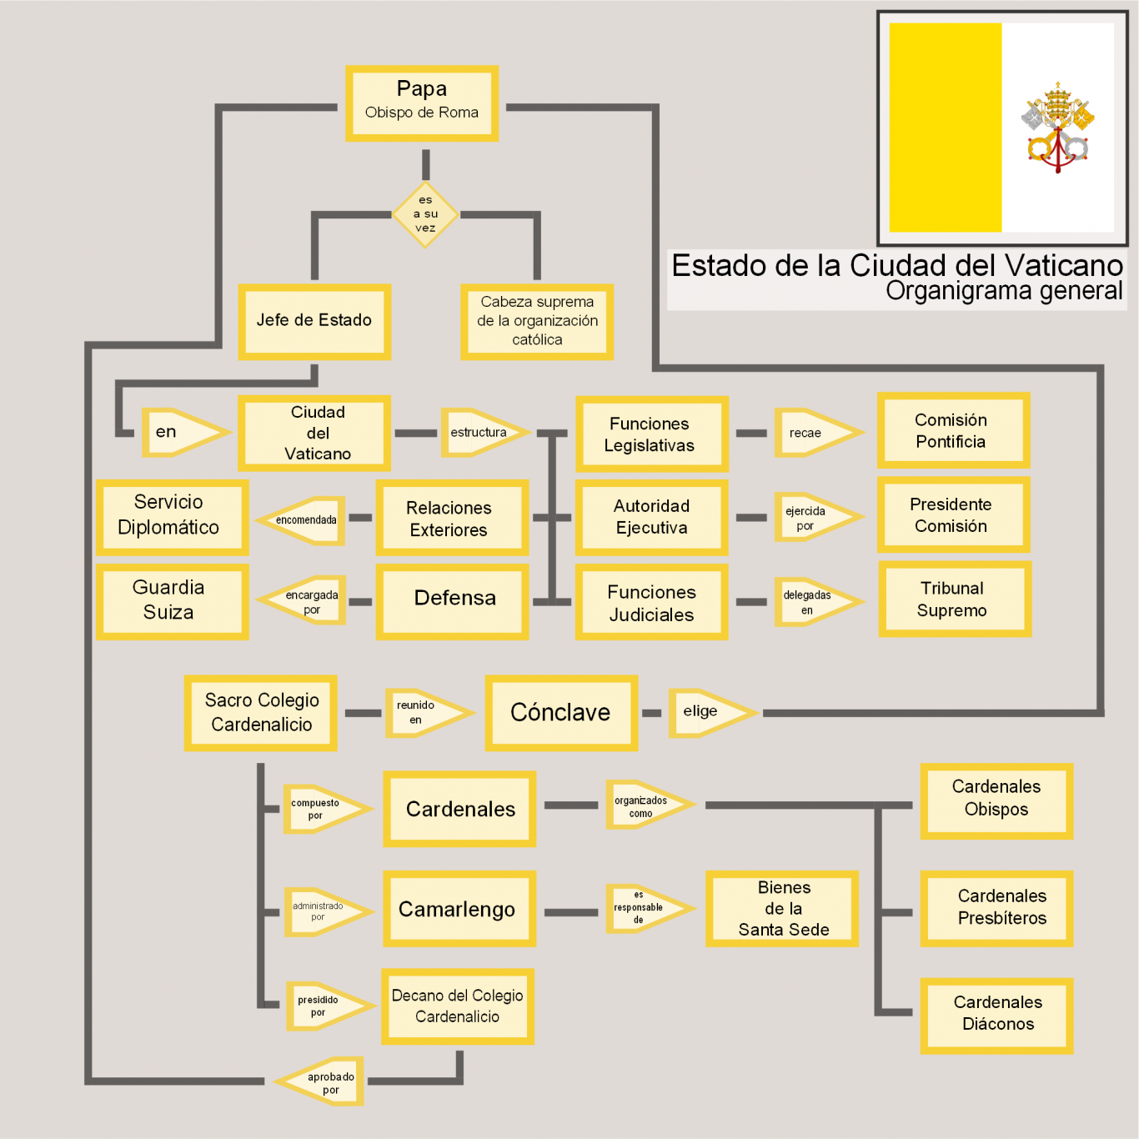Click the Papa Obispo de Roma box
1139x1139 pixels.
tap(422, 103)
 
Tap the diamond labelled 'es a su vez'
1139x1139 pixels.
tap(425, 215)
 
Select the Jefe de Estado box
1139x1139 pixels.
tap(314, 321)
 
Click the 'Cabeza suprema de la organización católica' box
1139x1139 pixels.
tap(537, 321)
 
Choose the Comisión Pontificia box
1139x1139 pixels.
tap(953, 430)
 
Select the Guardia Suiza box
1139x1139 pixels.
tap(172, 601)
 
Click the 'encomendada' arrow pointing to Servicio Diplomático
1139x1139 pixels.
tap(304, 520)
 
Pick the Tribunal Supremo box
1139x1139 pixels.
tap(954, 599)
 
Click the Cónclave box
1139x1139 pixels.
tap(561, 713)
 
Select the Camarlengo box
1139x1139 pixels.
tap(459, 909)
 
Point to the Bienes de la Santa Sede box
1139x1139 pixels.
tap(782, 909)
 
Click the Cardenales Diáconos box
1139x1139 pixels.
tap(996, 1015)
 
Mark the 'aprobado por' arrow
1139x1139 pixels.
tap(324, 1082)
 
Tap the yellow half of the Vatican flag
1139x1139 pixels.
tap(946, 128)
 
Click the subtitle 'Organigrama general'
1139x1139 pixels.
tap(1004, 291)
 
